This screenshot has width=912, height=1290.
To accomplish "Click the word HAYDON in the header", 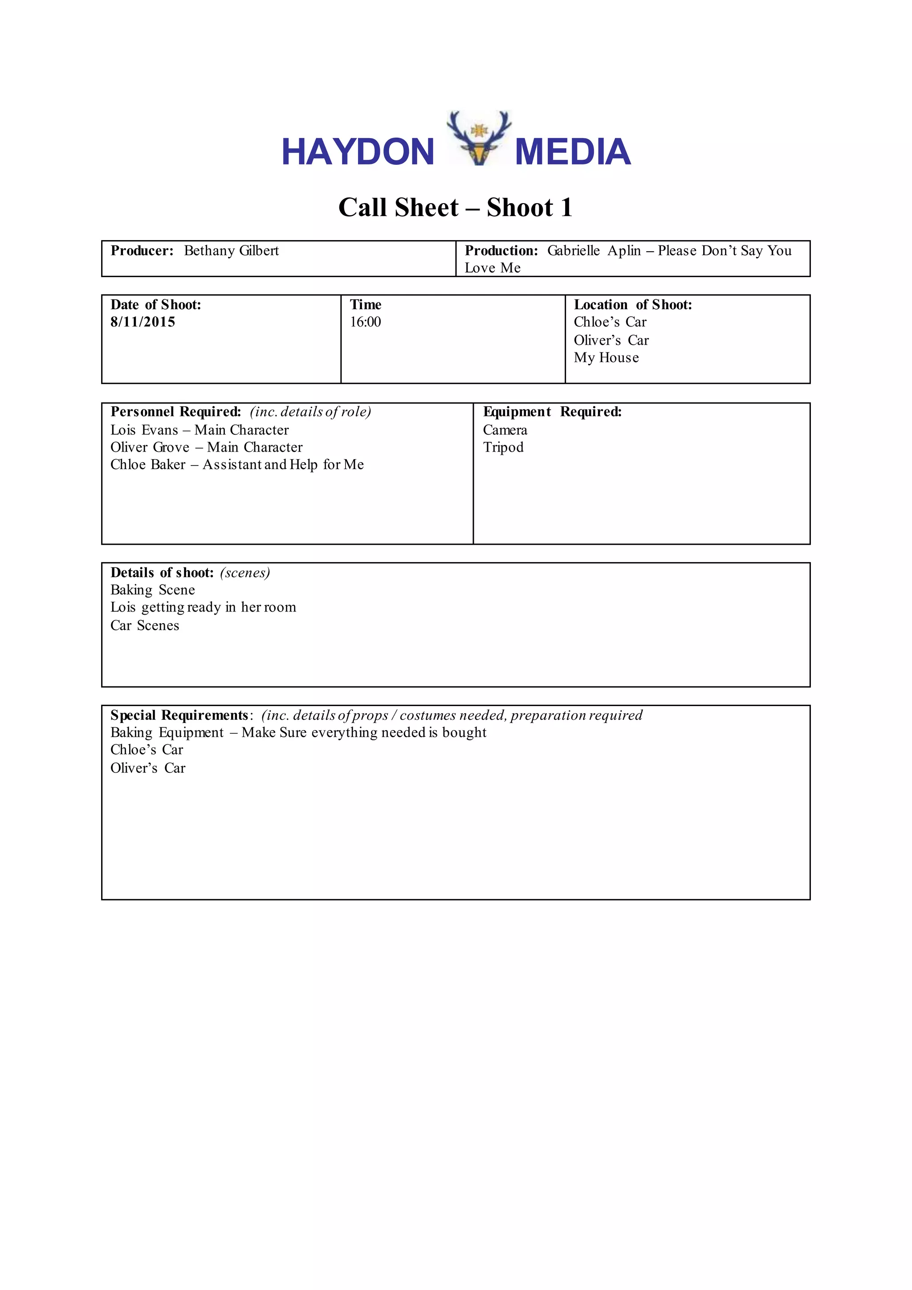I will point(358,152).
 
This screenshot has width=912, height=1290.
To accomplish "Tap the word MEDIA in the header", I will point(572,152).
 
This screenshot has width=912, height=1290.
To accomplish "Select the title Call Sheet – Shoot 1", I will point(456,207).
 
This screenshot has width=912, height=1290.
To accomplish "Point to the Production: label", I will point(501,251).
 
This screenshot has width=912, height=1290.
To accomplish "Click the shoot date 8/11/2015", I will point(142,322).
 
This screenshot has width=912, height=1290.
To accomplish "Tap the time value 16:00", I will point(365,322).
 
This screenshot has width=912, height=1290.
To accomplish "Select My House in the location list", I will point(606,358).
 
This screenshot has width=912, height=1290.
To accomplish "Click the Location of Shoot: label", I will point(632,305).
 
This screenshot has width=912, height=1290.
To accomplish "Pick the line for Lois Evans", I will point(199,430).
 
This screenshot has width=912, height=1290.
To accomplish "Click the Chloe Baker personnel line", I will point(236,465).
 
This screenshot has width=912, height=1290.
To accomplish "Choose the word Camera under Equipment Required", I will point(505,430).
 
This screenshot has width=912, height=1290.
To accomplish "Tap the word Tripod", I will point(503,447).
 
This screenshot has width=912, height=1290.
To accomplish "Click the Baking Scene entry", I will point(152,590).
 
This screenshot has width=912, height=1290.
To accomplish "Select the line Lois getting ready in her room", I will point(203,607).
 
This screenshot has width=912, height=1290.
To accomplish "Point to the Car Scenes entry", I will point(144,625).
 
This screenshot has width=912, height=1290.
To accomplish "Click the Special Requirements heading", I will point(179,715).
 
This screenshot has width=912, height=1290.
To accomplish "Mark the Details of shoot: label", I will point(162,572).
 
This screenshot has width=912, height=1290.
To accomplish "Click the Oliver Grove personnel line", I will point(206,447).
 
